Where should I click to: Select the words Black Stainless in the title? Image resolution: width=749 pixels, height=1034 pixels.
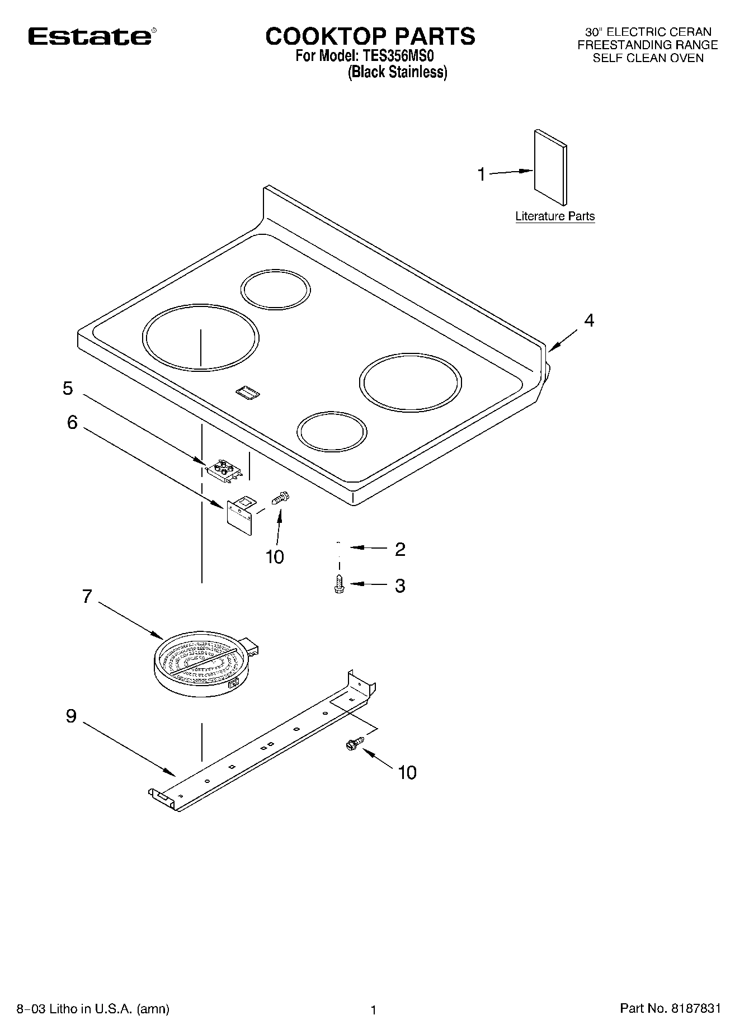(397, 72)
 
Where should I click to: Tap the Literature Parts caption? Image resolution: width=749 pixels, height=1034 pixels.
(554, 216)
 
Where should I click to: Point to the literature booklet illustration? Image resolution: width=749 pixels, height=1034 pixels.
(550, 168)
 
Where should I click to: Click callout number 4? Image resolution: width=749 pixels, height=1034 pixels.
(589, 320)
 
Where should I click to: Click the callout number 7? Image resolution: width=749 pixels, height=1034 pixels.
(87, 597)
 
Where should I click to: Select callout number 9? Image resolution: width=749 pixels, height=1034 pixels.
(71, 716)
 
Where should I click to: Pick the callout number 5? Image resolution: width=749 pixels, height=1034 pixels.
(68, 388)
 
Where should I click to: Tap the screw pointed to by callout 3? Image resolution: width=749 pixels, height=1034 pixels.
(338, 584)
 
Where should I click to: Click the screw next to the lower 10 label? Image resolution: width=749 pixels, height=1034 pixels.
(354, 743)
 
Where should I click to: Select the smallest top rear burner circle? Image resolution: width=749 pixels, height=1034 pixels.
(275, 289)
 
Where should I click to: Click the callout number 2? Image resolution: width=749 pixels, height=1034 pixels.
(399, 549)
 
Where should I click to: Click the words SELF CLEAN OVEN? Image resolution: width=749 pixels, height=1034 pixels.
(648, 58)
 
